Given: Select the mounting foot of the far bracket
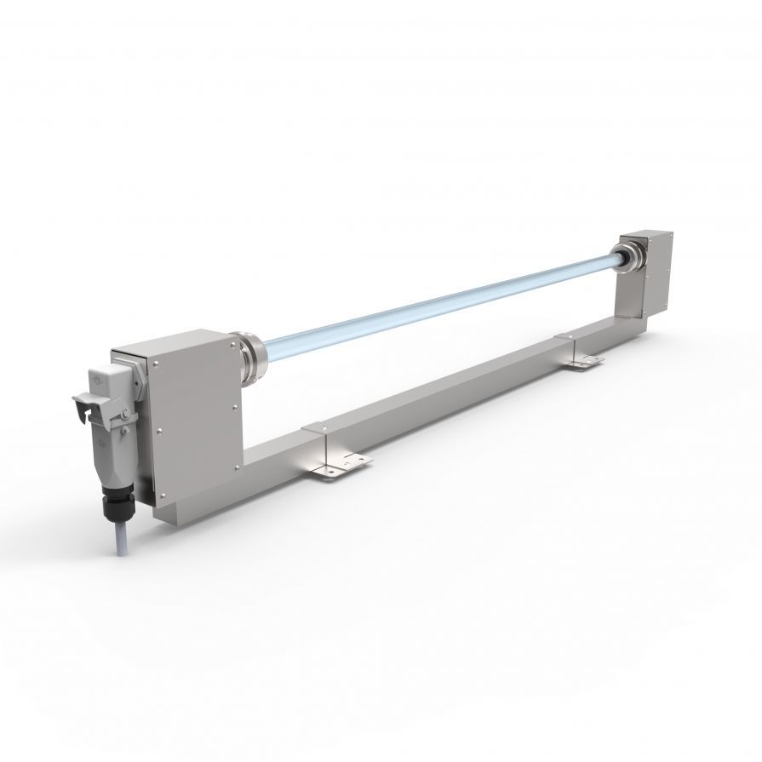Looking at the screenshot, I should [x=585, y=363].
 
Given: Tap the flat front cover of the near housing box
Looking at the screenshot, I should [x=194, y=417].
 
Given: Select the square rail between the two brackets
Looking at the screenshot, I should [x=451, y=392].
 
